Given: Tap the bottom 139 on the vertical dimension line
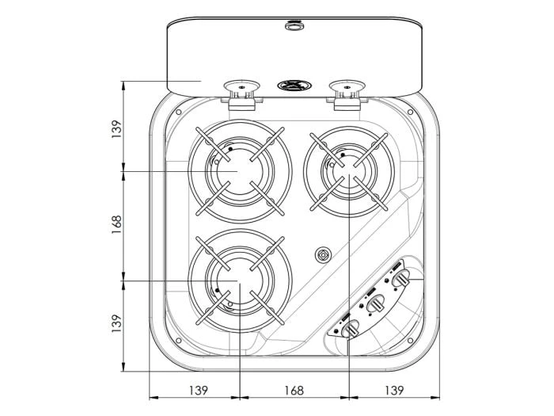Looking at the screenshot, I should coord(116,324).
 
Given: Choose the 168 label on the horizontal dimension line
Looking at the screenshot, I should coord(294,390).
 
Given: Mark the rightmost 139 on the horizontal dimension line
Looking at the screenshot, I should coord(393,390).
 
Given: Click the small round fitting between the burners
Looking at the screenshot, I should coord(322,255).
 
